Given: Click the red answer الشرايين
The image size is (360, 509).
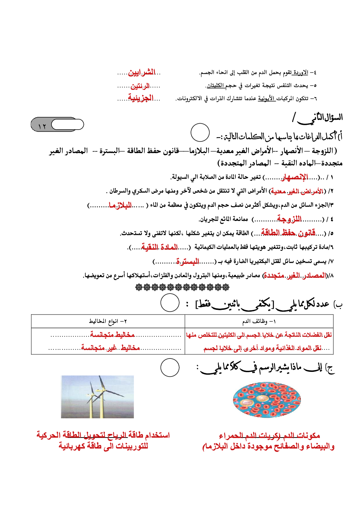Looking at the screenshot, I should [x=142, y=73].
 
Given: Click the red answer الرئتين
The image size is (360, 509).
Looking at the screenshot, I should [x=140, y=86].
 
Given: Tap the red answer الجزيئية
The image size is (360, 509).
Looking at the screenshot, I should [x=140, y=98].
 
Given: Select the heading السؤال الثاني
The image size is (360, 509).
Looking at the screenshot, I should [x=318, y=118].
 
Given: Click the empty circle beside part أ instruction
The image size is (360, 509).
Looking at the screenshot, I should [x=200, y=132].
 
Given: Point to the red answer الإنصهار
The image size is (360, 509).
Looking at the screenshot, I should [x=295, y=177].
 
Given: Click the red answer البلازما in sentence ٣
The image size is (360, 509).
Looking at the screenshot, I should [x=120, y=206].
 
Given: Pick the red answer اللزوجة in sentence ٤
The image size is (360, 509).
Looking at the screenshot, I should [x=289, y=219].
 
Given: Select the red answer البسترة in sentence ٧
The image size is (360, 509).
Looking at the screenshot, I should [x=188, y=261].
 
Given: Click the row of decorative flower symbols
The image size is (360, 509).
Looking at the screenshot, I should [x=182, y=287].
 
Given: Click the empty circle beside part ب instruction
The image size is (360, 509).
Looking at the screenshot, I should [x=170, y=303].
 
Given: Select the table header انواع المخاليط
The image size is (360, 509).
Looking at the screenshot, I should [x=108, y=321].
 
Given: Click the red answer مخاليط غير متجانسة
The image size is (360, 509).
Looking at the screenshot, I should [x=110, y=348].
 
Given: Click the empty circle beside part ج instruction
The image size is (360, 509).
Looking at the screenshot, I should [x=170, y=368].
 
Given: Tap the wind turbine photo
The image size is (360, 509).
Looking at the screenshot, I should [x=98, y=397].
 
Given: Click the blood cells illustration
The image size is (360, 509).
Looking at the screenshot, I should [x=267, y=400].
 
